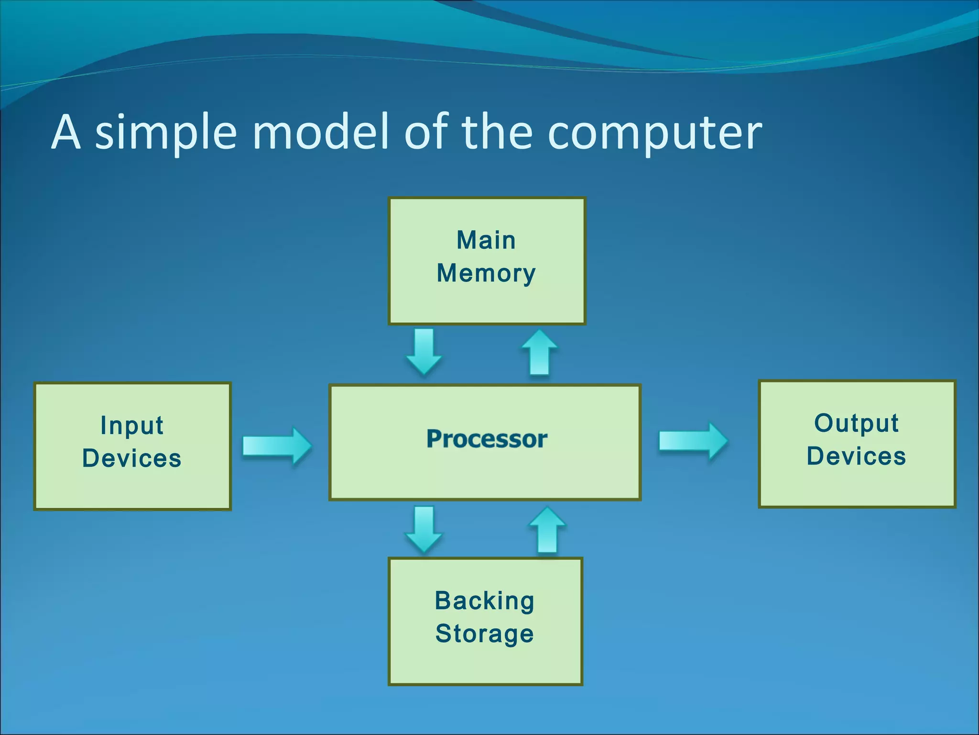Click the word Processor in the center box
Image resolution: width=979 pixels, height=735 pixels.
pyautogui.click(x=487, y=439)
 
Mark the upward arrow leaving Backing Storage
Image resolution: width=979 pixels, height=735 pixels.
pyautogui.click(x=547, y=530)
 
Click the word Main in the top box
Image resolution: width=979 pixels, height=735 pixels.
pyautogui.click(x=486, y=240)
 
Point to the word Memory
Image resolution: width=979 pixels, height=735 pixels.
pyautogui.click(x=486, y=274)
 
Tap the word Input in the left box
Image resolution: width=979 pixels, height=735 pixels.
pyautogui.click(x=132, y=425)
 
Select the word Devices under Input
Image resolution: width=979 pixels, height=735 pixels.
pyautogui.click(x=132, y=458)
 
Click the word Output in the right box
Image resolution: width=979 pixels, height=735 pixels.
pyautogui.click(x=856, y=423)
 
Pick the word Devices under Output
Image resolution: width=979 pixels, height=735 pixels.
pyautogui.click(x=856, y=456)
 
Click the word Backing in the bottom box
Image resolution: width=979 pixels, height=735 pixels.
pyautogui.click(x=484, y=601)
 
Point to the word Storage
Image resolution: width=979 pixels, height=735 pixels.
pyautogui.click(x=484, y=634)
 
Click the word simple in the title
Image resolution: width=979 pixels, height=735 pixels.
pyautogui.click(x=166, y=133)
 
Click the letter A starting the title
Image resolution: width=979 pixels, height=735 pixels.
pyautogui.click(x=65, y=132)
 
